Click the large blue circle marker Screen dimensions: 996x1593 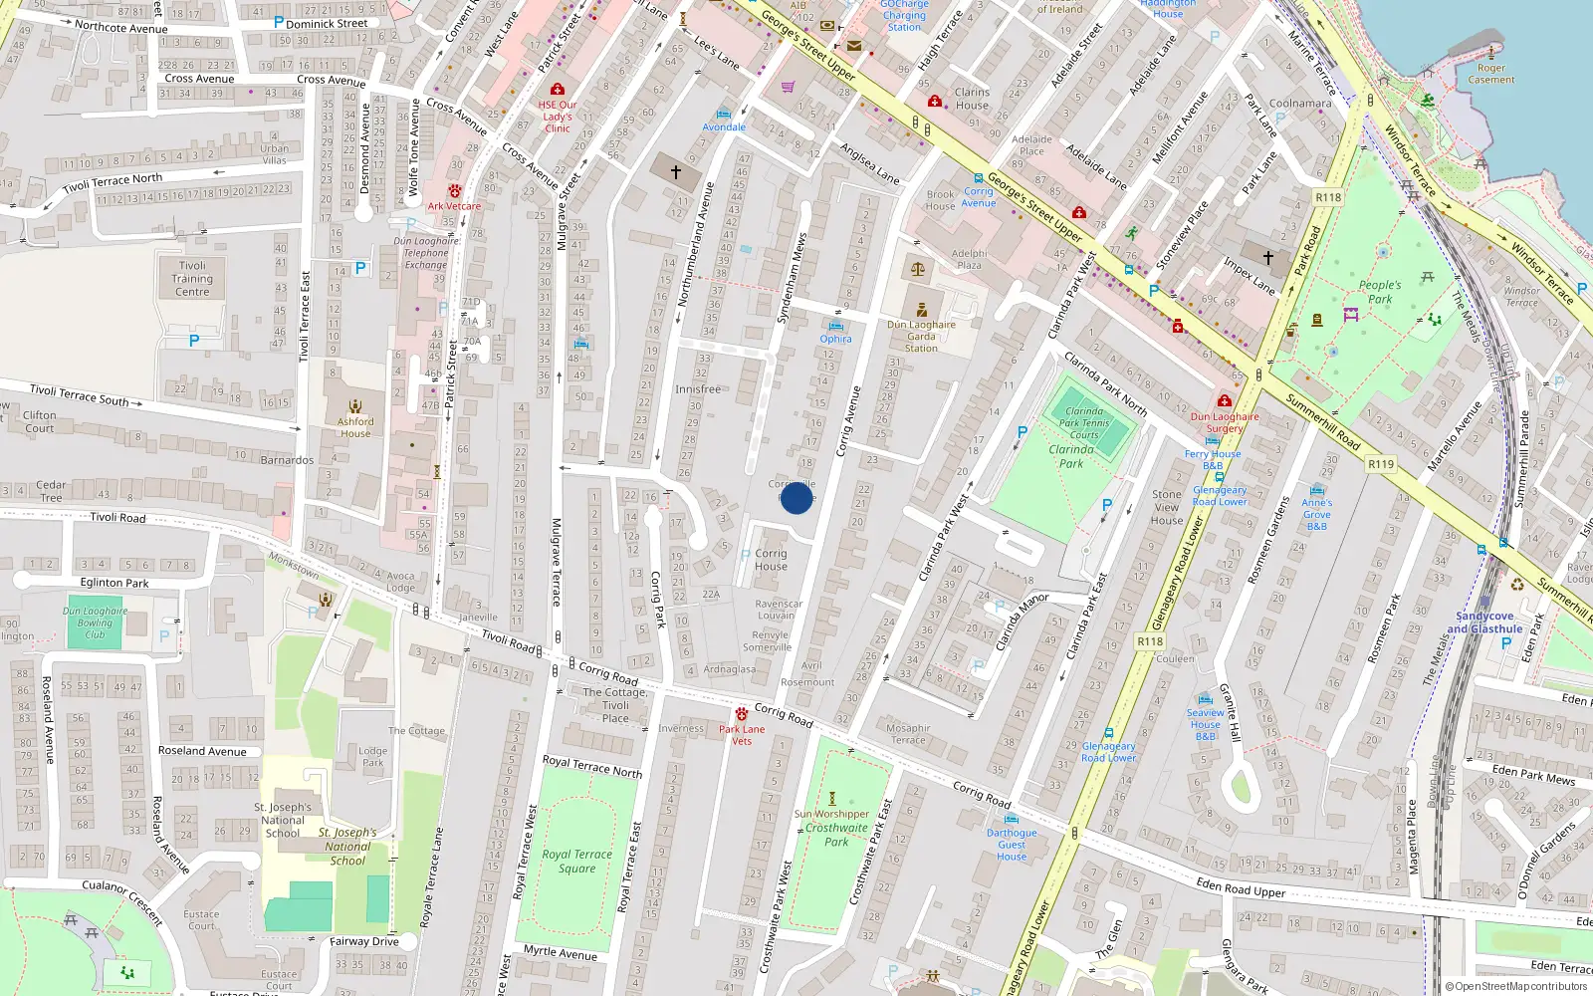(x=796, y=497)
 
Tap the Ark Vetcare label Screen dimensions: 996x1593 (x=454, y=206)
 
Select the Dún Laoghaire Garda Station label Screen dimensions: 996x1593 (x=921, y=336)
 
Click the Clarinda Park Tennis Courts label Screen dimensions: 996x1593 (x=1085, y=423)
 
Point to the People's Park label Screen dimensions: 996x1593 (x=1380, y=291)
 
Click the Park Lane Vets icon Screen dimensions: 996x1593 (x=742, y=713)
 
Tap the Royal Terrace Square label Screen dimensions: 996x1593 (x=576, y=861)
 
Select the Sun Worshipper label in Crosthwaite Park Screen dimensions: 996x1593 (x=832, y=814)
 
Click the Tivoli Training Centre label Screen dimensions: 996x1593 (x=192, y=279)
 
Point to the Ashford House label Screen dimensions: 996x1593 (x=355, y=427)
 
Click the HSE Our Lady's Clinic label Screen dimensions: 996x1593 (x=558, y=117)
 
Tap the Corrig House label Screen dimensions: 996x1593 (x=771, y=560)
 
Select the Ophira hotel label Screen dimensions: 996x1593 (x=836, y=339)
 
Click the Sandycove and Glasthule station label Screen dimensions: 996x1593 (x=1484, y=622)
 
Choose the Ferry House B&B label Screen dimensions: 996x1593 (x=1213, y=459)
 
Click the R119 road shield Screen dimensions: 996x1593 (x=1381, y=464)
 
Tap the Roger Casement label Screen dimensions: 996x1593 (x=1491, y=74)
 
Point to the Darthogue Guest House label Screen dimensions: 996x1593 (x=1012, y=845)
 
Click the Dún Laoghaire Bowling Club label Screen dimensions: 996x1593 (x=95, y=622)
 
